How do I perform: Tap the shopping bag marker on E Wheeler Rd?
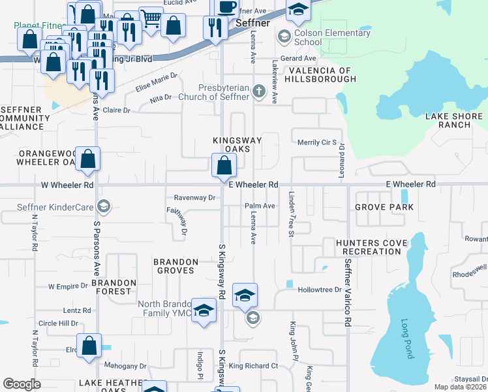[x=224, y=166]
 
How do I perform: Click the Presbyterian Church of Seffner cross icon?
[x=259, y=91]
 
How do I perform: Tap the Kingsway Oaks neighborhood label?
[x=237, y=145]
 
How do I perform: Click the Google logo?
[x=22, y=384]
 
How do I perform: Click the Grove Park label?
[x=384, y=207]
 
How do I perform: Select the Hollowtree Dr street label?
[x=320, y=289]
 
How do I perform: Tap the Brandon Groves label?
[x=174, y=266]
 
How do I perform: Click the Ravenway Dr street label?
[x=194, y=197]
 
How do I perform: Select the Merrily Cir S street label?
[x=316, y=142]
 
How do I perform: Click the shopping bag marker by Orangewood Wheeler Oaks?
[x=88, y=159]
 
